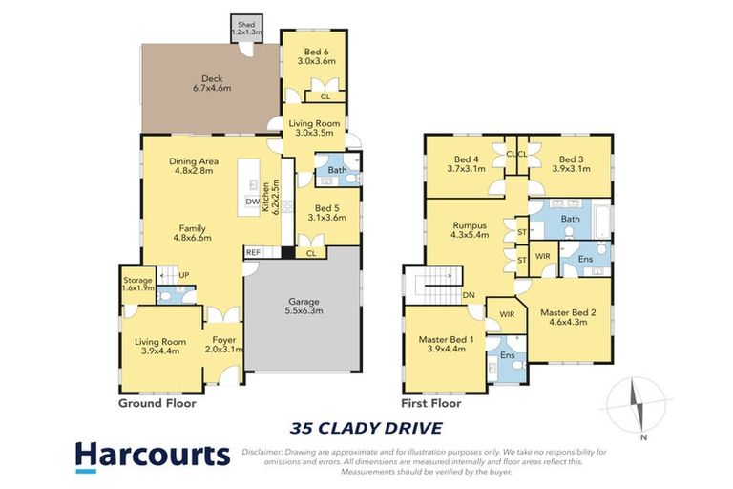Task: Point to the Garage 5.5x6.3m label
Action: pos(304,306)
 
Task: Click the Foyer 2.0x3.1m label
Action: pos(223,344)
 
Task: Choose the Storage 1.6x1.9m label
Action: pos(136,283)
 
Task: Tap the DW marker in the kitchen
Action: pos(251,202)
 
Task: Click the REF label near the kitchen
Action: pos(253,252)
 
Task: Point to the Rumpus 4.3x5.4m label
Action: pos(470,229)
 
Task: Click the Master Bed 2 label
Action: pos(568,317)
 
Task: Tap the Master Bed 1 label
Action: pos(441,344)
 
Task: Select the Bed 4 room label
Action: pos(466,164)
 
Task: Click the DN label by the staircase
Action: pos(469,295)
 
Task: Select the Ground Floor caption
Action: pos(157,404)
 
